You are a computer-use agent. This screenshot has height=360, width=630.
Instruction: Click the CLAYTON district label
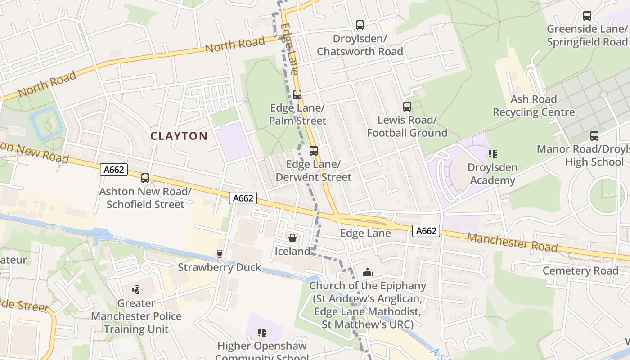click(x=179, y=136)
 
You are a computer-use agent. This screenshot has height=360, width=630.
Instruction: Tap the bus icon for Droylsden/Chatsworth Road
click(x=360, y=25)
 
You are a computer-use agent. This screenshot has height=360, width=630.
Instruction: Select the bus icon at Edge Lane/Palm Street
click(x=297, y=94)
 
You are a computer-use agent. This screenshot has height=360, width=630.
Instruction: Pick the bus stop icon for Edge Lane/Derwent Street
click(x=313, y=151)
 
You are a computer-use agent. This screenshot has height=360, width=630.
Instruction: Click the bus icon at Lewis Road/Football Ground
click(x=407, y=107)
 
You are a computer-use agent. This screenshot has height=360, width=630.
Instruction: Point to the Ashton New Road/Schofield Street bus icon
click(x=145, y=178)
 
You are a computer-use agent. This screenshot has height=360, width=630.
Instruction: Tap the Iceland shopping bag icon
click(x=292, y=238)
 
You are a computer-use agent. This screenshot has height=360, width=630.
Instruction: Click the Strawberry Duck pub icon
click(x=219, y=254)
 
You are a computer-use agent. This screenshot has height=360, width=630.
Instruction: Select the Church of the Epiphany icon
click(x=368, y=272)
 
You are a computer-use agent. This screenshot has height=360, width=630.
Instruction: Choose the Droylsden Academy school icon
click(x=492, y=154)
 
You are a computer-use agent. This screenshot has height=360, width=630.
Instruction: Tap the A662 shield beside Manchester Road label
click(x=426, y=231)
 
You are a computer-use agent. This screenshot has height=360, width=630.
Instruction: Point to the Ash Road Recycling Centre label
click(x=534, y=105)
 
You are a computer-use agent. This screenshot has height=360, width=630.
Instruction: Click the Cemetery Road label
click(x=580, y=270)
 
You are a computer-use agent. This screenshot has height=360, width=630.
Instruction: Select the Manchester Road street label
click(x=512, y=243)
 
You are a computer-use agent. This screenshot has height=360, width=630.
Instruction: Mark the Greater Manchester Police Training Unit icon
click(x=136, y=290)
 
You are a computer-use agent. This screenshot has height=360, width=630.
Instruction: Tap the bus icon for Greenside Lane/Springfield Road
click(x=587, y=16)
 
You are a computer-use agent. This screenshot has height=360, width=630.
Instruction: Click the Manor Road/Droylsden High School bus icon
click(x=594, y=135)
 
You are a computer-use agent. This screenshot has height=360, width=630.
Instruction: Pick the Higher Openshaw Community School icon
click(x=261, y=333)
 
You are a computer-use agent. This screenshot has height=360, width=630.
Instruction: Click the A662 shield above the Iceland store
click(x=243, y=198)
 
